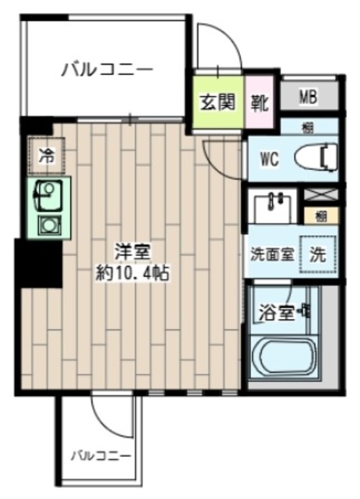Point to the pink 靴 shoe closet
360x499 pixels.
click(x=260, y=102)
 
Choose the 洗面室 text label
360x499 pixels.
click(x=271, y=254)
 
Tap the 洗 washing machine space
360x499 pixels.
click(x=319, y=253)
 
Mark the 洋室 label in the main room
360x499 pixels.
click(x=131, y=253)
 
